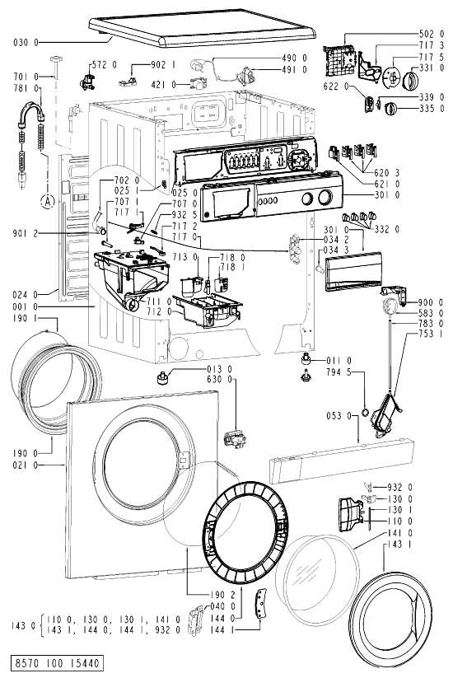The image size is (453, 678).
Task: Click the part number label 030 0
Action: tap(26, 42)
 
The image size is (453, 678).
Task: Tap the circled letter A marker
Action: tap(49, 201)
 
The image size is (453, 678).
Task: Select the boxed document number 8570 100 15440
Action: tap(57, 663)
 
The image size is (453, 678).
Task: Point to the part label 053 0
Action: tap(339, 416)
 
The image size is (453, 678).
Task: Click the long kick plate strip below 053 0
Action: tap(342, 461)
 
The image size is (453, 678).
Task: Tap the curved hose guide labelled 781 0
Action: tap(31, 111)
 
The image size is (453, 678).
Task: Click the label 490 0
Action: tap(294, 58)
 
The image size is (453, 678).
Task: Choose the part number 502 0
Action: tap(431, 34)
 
